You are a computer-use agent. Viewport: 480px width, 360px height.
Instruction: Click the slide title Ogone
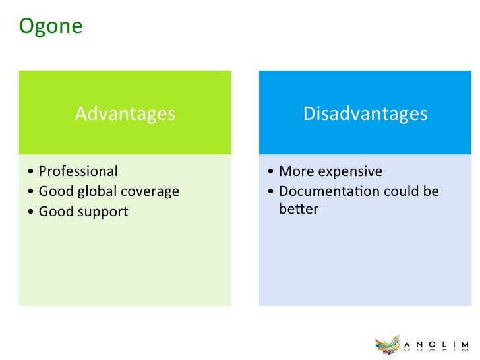click(51, 26)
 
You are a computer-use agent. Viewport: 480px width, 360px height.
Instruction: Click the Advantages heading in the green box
click(125, 114)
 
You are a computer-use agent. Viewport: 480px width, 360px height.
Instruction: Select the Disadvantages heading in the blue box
click(365, 114)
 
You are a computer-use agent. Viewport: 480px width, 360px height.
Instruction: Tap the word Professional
click(78, 171)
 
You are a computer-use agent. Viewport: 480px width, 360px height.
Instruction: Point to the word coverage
click(150, 192)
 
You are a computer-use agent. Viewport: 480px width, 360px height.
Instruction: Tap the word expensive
click(350, 172)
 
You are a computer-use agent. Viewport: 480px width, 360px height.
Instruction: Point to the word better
click(299, 209)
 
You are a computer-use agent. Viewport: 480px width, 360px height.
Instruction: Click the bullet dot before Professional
click(30, 171)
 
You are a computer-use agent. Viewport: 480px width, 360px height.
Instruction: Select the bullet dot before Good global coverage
click(30, 191)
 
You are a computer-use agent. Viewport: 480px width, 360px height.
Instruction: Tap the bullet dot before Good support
click(30, 212)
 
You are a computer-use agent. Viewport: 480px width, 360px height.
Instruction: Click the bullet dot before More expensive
click(270, 171)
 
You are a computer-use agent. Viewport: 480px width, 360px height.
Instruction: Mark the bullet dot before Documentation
click(270, 191)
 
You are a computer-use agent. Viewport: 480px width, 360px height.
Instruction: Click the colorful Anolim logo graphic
click(388, 345)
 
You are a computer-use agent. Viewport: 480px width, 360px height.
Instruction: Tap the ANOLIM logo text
click(436, 345)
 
